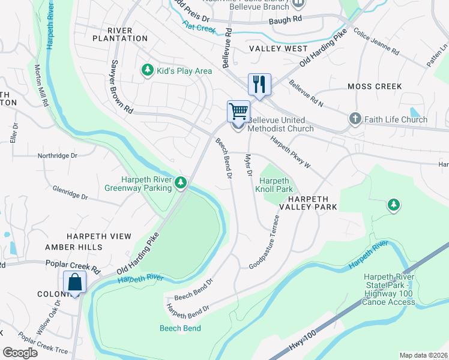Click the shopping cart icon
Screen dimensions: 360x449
pyautogui.click(x=238, y=111)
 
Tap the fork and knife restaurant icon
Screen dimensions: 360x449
pyautogui.click(x=259, y=84)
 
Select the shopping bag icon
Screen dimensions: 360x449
pyautogui.click(x=75, y=281)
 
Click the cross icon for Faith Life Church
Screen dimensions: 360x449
pyautogui.click(x=355, y=119)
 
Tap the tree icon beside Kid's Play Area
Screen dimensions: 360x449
pyautogui.click(x=147, y=71)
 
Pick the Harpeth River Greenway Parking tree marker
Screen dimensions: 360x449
pyautogui.click(x=181, y=182)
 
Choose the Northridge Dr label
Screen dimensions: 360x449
pyautogui.click(x=58, y=155)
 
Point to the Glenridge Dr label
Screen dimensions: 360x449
pyautogui.click(x=70, y=196)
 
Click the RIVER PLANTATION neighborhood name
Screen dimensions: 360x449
pyautogui.click(x=120, y=34)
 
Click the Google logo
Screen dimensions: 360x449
pyautogui.click(x=20, y=353)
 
